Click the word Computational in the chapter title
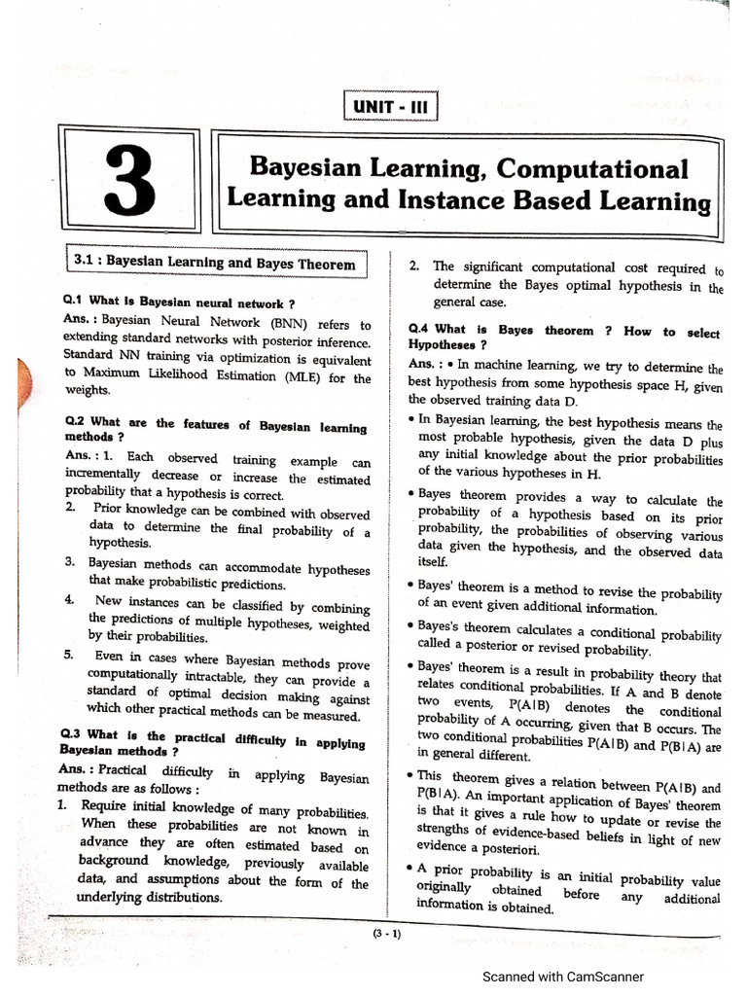591,168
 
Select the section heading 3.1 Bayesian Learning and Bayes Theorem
214,262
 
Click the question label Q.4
420,330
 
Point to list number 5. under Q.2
70,655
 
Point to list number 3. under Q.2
70,563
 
